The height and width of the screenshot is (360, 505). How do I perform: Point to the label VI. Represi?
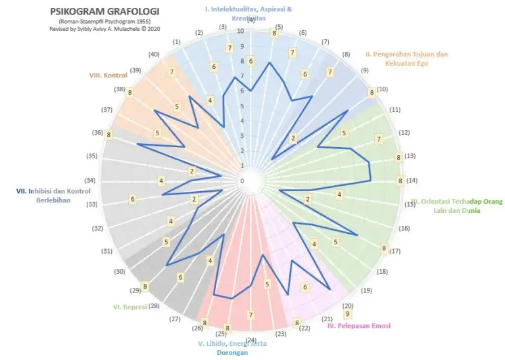coord(130,306)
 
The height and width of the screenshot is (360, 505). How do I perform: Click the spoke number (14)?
coord(412,181)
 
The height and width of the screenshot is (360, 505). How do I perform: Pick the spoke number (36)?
coord(97,133)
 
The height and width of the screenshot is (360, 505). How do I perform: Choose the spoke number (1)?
coord(176,42)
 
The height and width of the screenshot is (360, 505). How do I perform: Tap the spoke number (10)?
coord(382,89)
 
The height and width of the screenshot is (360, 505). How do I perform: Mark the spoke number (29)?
coord(135,290)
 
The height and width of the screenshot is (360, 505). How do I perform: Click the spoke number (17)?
coord(395,251)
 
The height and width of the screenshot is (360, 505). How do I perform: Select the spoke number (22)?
coord(304,328)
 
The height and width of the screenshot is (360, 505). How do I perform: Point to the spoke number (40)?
coord(154,55)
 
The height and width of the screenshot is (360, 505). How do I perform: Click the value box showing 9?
coord(347,314)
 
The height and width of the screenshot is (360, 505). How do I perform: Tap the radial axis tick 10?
coord(241,31)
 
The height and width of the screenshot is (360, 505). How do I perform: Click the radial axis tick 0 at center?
coord(241,181)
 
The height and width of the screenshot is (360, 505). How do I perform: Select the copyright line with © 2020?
coord(104,30)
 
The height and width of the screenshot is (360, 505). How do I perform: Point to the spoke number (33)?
coord(92,204)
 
